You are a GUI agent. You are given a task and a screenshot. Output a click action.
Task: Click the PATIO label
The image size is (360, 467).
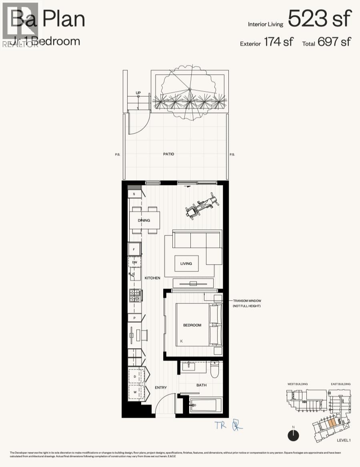coord(168,154)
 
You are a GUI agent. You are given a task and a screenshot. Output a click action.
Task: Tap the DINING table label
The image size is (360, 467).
coord(144,220)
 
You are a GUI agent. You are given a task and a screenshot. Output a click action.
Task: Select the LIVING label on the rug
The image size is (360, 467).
coord(186,263)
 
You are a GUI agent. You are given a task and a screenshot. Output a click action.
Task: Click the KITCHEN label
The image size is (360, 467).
coord(152,278)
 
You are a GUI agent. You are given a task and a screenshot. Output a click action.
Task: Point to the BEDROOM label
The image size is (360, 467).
coord(192,325)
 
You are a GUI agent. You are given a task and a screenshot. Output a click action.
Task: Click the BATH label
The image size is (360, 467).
coord(201,385)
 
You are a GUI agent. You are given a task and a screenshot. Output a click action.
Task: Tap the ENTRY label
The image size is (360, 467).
coord(161,387)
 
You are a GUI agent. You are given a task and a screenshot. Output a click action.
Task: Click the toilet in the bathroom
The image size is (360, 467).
coord(215,369)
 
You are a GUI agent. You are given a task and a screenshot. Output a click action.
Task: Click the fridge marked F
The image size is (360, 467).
coord(134,249)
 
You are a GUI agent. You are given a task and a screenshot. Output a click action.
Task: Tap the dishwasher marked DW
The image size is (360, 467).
coord(135,262)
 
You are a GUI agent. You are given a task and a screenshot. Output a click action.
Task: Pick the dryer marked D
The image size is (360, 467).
coord(135,377)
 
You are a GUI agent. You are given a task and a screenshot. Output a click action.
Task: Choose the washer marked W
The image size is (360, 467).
coord(135,392)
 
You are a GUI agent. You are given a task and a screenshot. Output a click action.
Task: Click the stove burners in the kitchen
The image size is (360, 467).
coord(135,295)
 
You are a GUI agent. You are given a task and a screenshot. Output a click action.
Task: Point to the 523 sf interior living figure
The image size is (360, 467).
coord(320,18)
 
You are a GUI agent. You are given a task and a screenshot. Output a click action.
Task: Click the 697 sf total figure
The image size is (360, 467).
coord(334,41)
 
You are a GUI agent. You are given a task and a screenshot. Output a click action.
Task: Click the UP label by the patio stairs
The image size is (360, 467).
coord(138,93)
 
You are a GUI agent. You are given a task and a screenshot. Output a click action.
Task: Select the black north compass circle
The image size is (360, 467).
coord(293,435)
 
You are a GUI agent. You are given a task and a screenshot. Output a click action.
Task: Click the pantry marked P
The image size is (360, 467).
coord(134,318)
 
